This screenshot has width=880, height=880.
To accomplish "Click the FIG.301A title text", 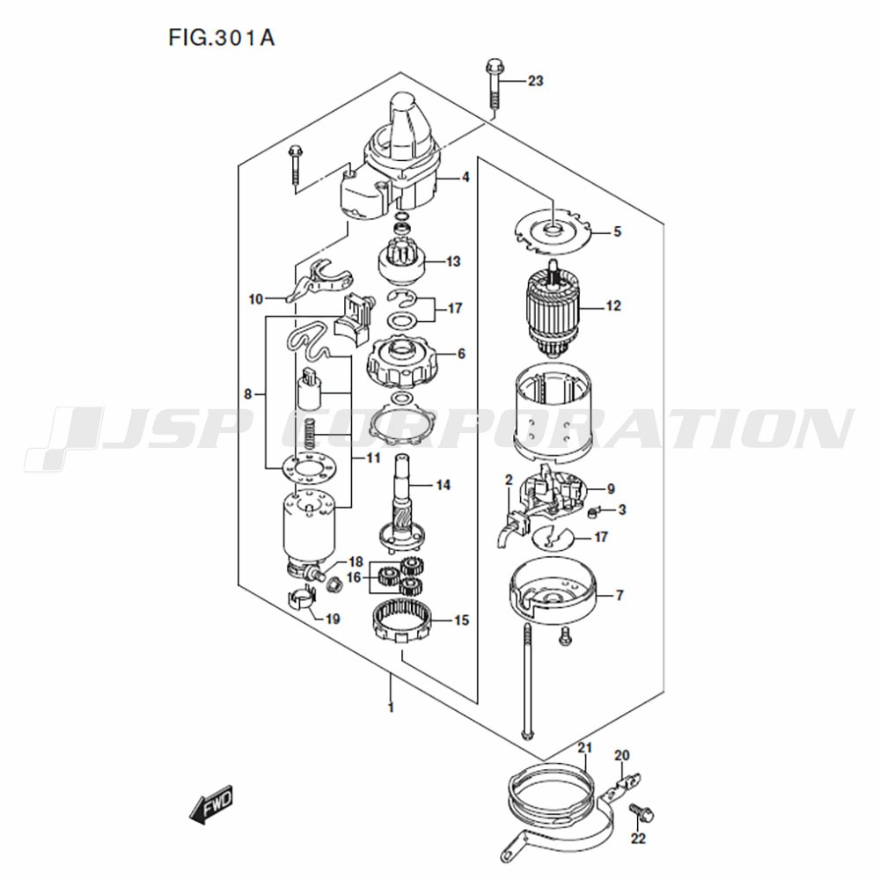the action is point(221,38).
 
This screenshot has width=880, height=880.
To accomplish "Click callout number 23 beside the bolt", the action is point(535,81).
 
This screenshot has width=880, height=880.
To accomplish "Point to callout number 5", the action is point(618,231).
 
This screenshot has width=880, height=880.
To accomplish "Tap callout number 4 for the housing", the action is point(466,178).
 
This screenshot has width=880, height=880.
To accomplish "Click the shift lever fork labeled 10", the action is point(320,281).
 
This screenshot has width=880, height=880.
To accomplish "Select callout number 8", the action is point(248,394).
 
